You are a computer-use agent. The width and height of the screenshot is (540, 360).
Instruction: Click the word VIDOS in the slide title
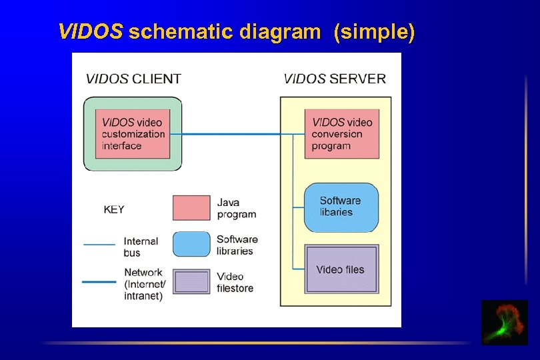pyautogui.click(x=91, y=31)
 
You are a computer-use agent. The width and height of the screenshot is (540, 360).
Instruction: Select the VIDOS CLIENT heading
pyautogui.click(x=133, y=79)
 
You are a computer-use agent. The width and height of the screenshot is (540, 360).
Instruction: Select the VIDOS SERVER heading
pyautogui.click(x=335, y=79)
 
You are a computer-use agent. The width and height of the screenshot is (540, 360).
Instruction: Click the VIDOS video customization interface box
pyautogui.click(x=132, y=134)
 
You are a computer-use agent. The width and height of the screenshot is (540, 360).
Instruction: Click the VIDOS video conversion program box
pyautogui.click(x=341, y=134)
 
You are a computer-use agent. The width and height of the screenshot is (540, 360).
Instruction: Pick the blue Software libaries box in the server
pyautogui.click(x=341, y=207)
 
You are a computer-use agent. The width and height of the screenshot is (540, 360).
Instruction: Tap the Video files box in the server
pyautogui.click(x=341, y=269)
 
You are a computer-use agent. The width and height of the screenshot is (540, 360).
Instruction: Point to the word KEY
pyautogui.click(x=114, y=209)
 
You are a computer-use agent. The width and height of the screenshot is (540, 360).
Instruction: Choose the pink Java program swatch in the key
pyautogui.click(x=191, y=208)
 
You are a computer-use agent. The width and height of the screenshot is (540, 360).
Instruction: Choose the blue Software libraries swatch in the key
pyautogui.click(x=191, y=245)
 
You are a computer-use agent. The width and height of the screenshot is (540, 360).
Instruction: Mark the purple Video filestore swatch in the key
pyautogui.click(x=191, y=281)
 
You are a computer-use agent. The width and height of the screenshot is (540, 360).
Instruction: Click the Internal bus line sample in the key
pyautogui.click(x=99, y=245)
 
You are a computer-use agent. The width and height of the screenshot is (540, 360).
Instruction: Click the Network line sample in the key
pyautogui.click(x=99, y=281)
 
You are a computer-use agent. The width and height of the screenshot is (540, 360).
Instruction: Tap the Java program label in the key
pyautogui.click(x=237, y=208)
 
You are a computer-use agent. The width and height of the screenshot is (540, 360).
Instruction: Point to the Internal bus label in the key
pyautogui.click(x=141, y=247)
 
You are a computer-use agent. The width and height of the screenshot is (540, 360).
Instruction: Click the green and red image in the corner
pyautogui.click(x=504, y=323)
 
